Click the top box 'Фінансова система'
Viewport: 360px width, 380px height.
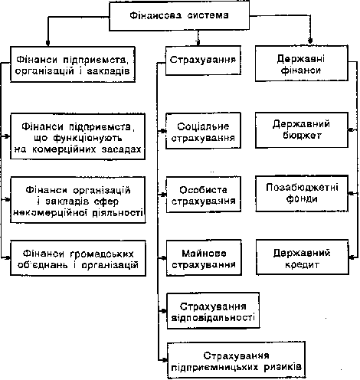[x=179, y=16]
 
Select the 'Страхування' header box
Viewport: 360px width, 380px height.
[x=203, y=61]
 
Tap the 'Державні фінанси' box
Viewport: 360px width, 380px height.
[x=302, y=64]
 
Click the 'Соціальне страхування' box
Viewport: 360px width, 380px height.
[x=203, y=131]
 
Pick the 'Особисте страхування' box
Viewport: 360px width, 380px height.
[x=204, y=195]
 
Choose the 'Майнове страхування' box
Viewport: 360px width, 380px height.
[x=204, y=258]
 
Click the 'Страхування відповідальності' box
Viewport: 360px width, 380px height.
[x=213, y=310]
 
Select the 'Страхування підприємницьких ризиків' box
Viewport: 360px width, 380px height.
[x=237, y=360]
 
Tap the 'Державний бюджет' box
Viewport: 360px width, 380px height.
[x=302, y=130]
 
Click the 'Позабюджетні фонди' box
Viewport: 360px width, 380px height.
[x=302, y=194]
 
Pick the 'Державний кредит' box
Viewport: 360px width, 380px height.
[x=303, y=257]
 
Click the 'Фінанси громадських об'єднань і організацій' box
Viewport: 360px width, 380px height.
[x=78, y=258]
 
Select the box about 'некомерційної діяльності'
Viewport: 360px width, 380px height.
[x=78, y=200]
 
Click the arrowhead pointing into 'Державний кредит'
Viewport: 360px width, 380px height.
[x=352, y=257]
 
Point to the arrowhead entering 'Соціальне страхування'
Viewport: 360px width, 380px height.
[x=163, y=131]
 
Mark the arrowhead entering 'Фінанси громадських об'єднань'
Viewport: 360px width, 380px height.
[x=8, y=257]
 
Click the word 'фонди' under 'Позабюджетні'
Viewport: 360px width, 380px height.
[x=302, y=199]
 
